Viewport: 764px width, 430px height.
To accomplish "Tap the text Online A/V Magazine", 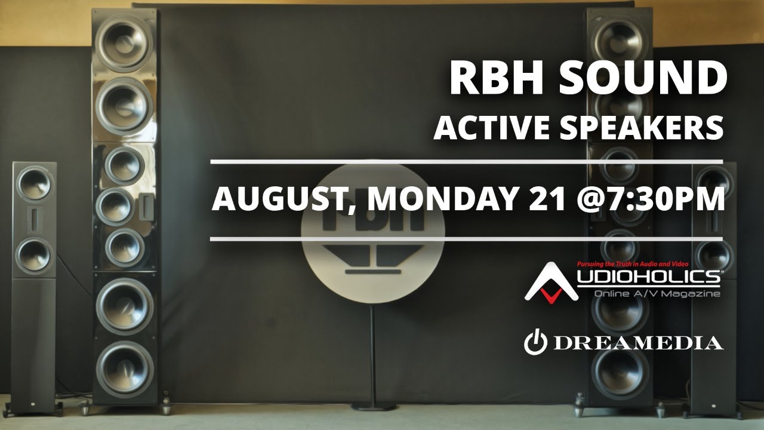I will click(657, 293).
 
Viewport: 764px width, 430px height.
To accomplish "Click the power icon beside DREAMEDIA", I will click(535, 342).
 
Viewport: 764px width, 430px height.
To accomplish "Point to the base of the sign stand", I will click(373, 406).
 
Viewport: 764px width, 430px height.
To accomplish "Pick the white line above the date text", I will click(466, 162).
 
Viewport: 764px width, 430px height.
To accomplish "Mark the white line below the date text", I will click(466, 239).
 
